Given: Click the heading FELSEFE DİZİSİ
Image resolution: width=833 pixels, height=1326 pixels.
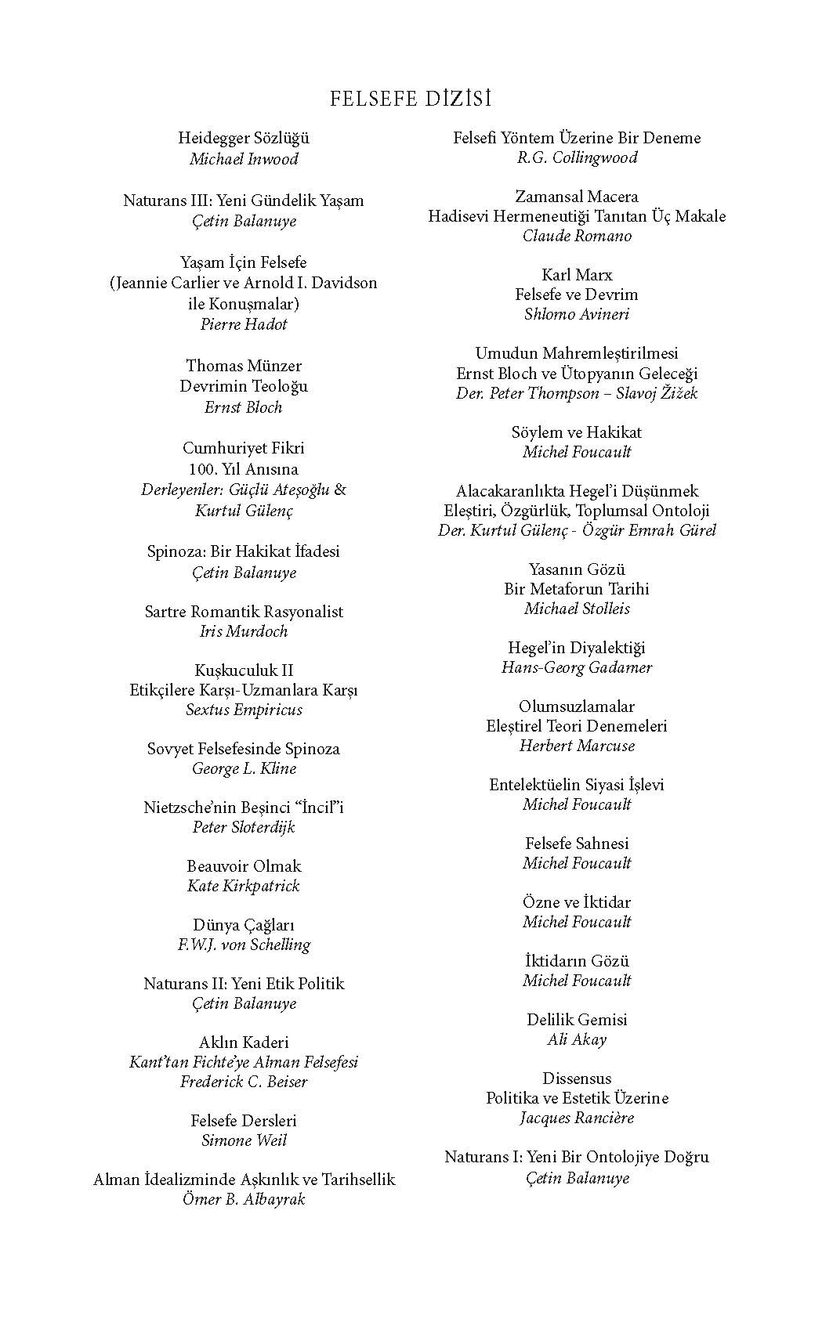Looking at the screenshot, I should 411,99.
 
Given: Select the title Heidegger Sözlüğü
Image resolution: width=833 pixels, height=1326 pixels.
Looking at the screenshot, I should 244,139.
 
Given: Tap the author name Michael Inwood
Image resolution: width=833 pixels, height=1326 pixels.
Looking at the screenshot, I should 244,159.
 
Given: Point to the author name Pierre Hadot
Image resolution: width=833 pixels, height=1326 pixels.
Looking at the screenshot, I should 244,324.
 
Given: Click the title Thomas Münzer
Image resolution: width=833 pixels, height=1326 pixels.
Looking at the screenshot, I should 244,366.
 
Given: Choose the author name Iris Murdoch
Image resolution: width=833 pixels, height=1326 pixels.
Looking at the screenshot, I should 244,631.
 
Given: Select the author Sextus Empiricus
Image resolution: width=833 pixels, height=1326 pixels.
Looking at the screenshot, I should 244,710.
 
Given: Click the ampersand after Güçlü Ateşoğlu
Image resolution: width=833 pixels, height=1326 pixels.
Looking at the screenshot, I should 340,490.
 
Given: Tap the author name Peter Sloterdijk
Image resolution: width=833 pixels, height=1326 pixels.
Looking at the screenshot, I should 244,827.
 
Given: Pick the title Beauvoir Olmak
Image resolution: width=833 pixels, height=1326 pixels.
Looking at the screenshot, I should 244,866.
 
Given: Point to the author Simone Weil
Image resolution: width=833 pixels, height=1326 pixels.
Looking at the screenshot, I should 244,1140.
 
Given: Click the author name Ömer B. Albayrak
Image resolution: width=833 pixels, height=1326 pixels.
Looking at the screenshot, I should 244,1199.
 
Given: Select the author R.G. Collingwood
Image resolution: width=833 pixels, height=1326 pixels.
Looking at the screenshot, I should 577,157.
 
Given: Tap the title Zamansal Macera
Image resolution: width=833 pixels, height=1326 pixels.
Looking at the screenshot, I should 577,197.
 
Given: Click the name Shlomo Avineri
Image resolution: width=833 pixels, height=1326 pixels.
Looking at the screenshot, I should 577,314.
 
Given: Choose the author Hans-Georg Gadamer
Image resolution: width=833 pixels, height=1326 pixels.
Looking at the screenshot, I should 577,667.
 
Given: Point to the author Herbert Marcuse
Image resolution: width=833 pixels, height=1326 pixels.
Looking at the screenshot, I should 577,746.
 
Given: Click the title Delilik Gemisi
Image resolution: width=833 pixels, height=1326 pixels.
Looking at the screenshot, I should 577,1020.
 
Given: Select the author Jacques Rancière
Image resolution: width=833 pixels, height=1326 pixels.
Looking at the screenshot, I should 577,1118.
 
